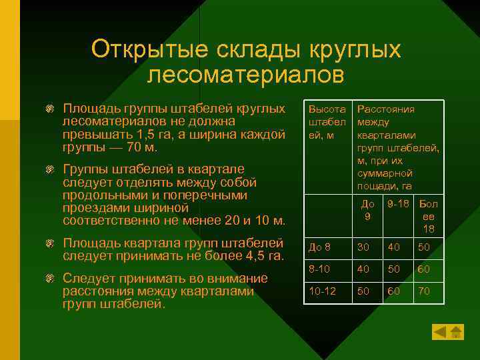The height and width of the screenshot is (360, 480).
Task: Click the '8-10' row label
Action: pyautogui.click(x=319, y=269)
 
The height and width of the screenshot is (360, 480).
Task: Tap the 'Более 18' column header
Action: pyautogui.click(x=428, y=217)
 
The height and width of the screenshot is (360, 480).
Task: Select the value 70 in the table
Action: pyautogui.click(x=424, y=291)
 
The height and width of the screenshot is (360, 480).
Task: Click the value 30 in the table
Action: pyautogui.click(x=363, y=247)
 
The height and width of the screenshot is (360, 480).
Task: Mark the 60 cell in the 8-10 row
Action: pyautogui.click(x=424, y=269)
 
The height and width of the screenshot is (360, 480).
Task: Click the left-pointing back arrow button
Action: pyautogui.click(x=440, y=331)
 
